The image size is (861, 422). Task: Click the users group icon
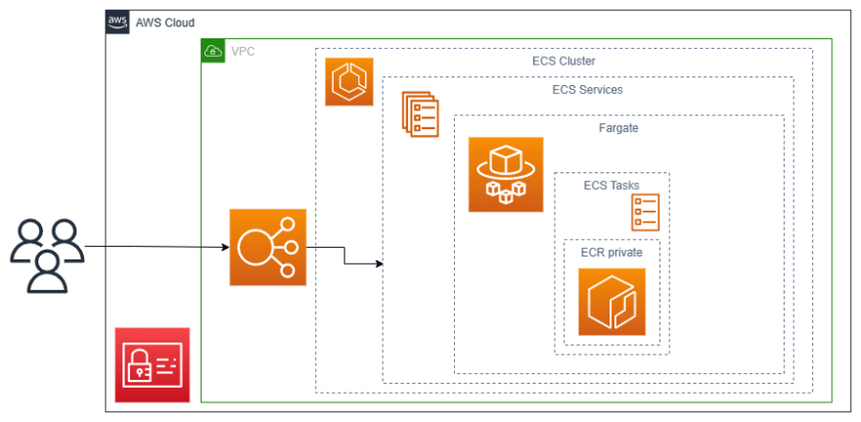pos(47,256)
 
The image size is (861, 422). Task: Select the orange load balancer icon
pos(267,247)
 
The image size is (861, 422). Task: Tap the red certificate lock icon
pos(152,365)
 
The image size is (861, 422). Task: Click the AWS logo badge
pos(117,23)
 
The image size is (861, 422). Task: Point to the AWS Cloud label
pos(164,23)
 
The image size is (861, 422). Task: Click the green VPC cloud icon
pos(212,51)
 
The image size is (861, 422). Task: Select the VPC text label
pos(244,51)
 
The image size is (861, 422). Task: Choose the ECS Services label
pos(587,89)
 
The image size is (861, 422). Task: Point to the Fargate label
pos(618,127)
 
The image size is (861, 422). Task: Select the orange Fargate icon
pos(505,174)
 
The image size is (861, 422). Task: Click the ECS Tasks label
pos(611,185)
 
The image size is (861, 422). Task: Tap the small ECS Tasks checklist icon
pos(645,211)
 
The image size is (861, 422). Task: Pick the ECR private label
pos(612,252)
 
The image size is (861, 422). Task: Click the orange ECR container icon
pos(612,302)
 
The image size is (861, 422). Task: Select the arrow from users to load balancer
pos(157,247)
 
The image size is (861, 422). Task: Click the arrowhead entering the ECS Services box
pos(378,263)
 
